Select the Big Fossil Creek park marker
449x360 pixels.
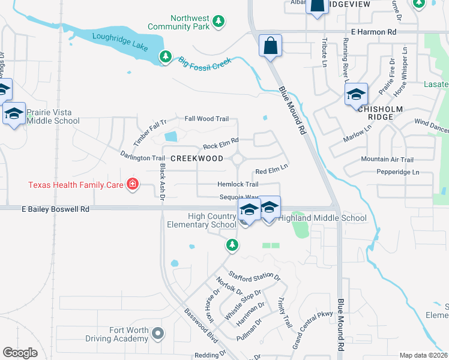(x=165, y=56)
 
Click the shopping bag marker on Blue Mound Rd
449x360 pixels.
(x=271, y=46)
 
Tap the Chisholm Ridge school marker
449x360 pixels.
(x=356, y=94)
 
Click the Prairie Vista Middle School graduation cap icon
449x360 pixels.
(x=14, y=113)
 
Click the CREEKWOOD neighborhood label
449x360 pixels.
(x=197, y=158)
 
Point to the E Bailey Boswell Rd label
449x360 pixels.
(x=55, y=209)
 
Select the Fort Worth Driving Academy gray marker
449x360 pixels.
(x=157, y=332)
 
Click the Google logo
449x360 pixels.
(x=20, y=352)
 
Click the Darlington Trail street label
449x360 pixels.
(x=142, y=157)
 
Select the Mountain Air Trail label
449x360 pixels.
(x=387, y=160)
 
